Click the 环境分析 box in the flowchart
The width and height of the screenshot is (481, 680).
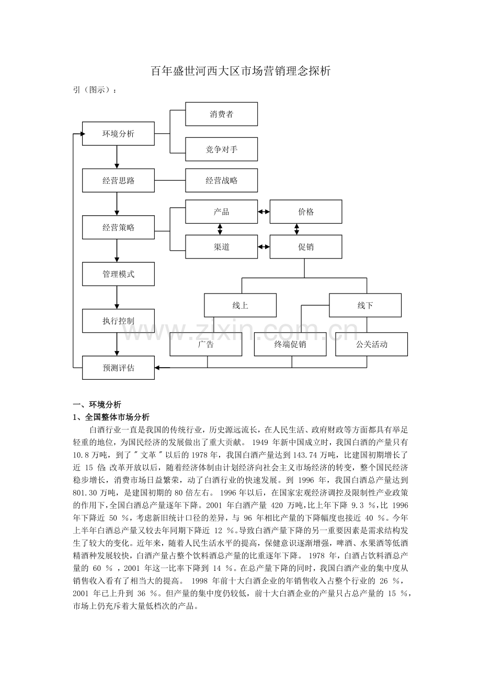[x=118, y=134]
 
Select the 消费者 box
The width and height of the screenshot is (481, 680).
[x=222, y=114]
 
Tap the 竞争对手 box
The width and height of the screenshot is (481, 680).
[x=222, y=149]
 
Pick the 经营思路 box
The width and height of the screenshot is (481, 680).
[x=118, y=181]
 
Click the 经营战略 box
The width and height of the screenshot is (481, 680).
[x=222, y=181]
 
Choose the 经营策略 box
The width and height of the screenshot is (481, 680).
[x=118, y=227]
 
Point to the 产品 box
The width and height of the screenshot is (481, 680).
[x=222, y=212]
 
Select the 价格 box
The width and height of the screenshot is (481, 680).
[x=306, y=212]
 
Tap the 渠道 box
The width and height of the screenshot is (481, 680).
[x=222, y=247]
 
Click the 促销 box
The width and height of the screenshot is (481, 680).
[x=306, y=247]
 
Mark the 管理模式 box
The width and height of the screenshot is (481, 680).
[x=118, y=274]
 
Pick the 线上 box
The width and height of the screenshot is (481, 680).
[x=240, y=306]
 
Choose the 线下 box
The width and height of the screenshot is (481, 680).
[x=365, y=306]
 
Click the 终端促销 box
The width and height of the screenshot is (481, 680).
[x=290, y=344]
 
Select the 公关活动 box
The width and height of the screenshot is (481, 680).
[x=372, y=344]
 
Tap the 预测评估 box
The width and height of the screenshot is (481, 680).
[x=118, y=368]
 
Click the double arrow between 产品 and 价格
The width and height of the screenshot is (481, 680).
[x=264, y=212]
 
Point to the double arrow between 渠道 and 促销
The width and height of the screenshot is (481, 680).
[x=264, y=247]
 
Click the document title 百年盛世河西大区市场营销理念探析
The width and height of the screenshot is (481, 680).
[x=241, y=72]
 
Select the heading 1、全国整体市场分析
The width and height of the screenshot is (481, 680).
[x=111, y=417]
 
